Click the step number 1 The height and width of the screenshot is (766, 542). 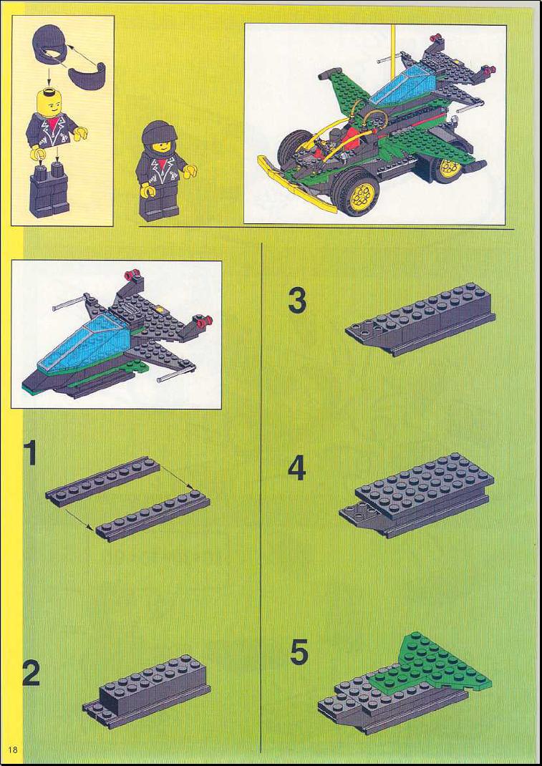point(31,452)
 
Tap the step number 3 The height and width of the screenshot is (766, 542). point(297,301)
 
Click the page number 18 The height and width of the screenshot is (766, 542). point(13,748)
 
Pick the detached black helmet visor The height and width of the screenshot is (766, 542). point(87,76)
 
